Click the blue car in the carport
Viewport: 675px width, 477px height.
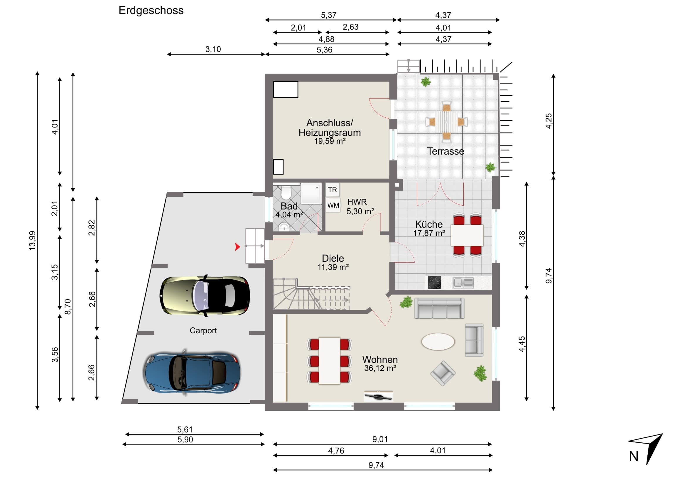pos(192,372)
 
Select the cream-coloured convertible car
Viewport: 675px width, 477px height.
pos(205,296)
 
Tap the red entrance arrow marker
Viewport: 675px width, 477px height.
pos(237,247)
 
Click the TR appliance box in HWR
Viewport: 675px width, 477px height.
pos(333,190)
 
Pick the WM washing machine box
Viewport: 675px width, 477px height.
pos(333,205)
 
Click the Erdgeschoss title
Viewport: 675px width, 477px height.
pos(151,11)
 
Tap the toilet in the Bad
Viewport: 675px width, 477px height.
pos(286,192)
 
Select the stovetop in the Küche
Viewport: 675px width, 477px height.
pos(434,282)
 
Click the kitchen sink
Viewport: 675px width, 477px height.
pos(463,283)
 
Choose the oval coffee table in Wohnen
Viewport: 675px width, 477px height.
pos(438,341)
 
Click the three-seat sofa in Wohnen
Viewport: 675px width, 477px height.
pos(439,308)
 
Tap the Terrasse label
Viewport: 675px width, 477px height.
pos(446,151)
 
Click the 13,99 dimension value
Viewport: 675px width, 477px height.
pos(32,241)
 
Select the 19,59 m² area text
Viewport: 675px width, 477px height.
pos(330,141)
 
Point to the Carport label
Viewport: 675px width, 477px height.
pos(203,331)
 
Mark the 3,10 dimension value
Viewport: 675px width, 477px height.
pos(213,49)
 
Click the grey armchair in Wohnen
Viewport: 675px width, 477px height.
pos(443,373)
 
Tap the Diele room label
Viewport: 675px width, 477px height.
pos(333,258)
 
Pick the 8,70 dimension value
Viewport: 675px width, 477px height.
pos(68,307)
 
